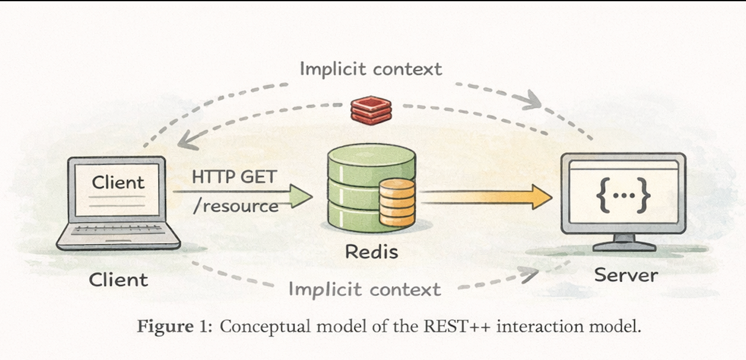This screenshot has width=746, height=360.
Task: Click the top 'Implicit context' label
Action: point(371,69)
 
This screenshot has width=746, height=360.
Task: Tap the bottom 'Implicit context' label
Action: point(365,289)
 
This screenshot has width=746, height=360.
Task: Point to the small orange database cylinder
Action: point(397,202)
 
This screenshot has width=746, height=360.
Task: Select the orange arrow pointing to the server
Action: point(487,197)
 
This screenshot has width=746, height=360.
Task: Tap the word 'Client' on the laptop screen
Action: point(118,182)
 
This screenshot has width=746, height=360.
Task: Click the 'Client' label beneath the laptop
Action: point(118,279)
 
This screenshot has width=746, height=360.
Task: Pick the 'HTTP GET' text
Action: point(234,177)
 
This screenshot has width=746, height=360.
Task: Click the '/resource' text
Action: point(236,206)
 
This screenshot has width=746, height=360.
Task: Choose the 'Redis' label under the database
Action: point(371,251)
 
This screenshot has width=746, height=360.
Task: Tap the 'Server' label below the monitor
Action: point(626,275)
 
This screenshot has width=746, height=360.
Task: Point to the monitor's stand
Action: point(623,242)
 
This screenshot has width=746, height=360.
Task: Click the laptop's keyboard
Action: point(118,230)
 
